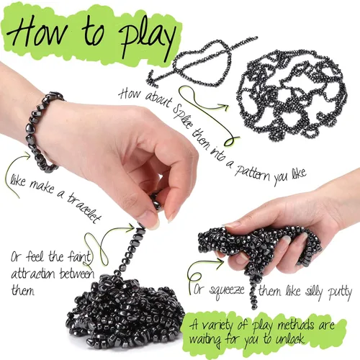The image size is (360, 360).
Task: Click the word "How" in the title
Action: (37, 30)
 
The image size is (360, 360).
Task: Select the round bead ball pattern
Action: (292, 95)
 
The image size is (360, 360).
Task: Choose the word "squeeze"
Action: (227, 291)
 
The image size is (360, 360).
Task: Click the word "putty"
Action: (341, 292)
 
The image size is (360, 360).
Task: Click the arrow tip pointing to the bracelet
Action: (30, 156)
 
